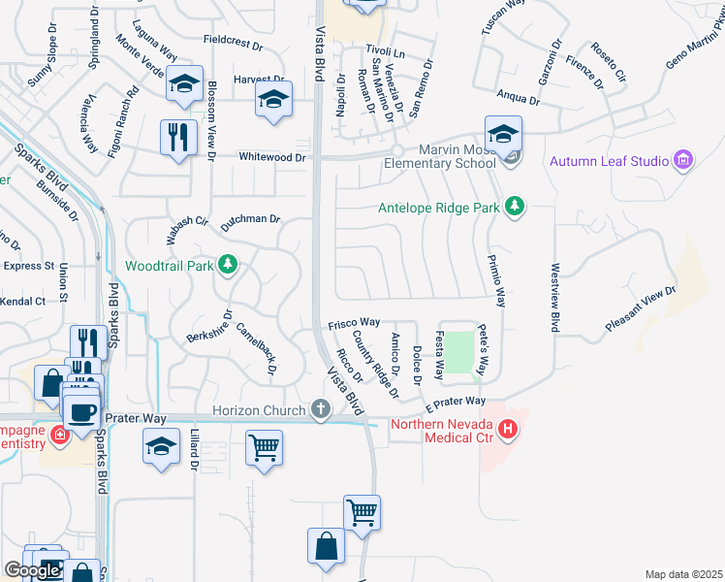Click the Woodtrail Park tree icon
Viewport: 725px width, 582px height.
tap(228, 265)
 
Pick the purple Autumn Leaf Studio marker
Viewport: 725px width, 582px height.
tap(683, 160)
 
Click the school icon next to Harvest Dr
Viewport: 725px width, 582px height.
tap(274, 99)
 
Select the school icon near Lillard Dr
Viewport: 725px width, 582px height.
tap(162, 447)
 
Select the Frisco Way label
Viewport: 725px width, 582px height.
tap(354, 322)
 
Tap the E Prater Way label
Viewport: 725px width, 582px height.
tap(455, 401)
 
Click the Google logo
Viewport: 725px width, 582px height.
tap(32, 570)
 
